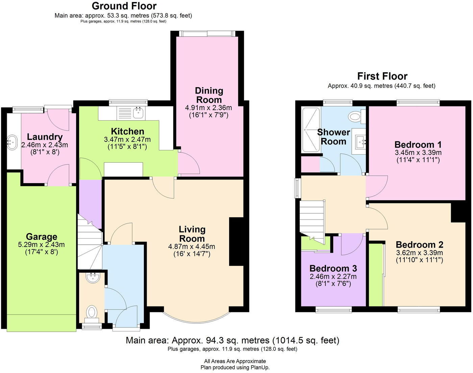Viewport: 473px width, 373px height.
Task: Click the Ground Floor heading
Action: point(124,6)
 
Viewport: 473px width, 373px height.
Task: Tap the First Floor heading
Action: point(382,76)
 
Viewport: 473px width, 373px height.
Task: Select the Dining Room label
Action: point(209,95)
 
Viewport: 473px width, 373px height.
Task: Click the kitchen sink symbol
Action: point(138,113)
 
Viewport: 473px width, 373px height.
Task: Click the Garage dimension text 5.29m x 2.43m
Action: point(42,245)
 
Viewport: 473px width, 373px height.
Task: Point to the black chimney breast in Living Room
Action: point(236,242)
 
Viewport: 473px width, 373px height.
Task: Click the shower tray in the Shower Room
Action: point(310,129)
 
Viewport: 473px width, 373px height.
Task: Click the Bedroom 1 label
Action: point(418,145)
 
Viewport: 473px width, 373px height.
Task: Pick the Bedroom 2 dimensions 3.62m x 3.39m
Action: point(419,253)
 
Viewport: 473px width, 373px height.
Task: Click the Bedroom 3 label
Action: point(333,268)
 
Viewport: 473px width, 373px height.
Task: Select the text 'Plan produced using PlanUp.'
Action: point(235,368)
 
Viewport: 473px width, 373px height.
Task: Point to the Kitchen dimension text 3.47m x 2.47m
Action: point(127,139)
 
